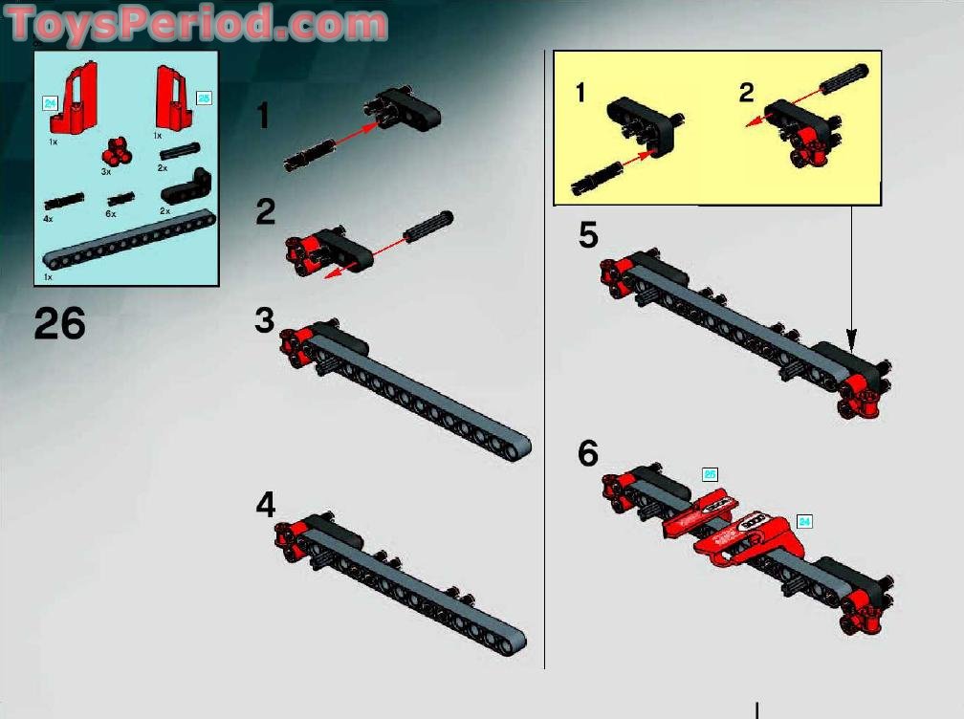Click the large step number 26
click(x=59, y=324)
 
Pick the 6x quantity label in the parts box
click(x=111, y=214)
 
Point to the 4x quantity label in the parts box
click(x=48, y=219)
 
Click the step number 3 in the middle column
click(x=265, y=320)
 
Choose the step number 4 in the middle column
click(x=265, y=505)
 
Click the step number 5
click(x=588, y=235)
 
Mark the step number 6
click(x=588, y=453)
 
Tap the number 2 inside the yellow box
click(x=746, y=93)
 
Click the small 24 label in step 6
click(x=804, y=521)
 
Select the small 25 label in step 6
click(x=710, y=474)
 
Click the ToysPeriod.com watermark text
click(x=196, y=22)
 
